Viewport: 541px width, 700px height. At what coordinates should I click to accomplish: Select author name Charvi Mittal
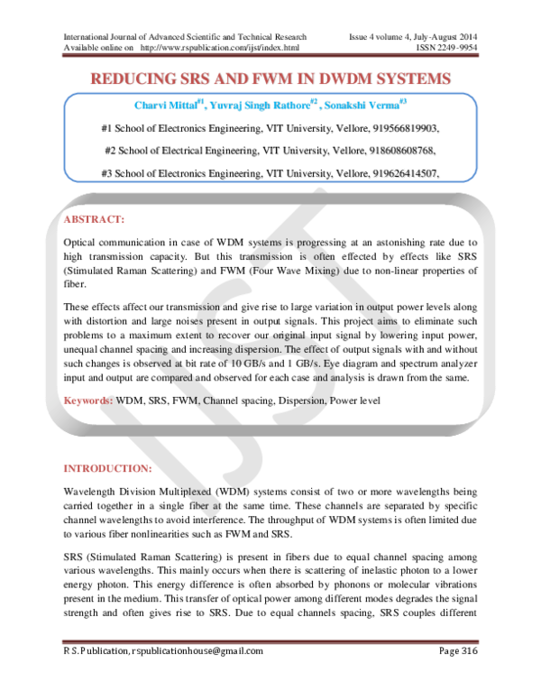coord(165,106)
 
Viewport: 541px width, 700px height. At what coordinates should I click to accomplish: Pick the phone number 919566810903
coord(405,128)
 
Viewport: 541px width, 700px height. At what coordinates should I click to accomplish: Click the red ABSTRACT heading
coord(93,219)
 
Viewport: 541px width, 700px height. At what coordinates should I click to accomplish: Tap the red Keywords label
coord(87,399)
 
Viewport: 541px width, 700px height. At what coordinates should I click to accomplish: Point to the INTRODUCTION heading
coord(107,469)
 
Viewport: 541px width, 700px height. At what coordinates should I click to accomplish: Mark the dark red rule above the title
coord(270,55)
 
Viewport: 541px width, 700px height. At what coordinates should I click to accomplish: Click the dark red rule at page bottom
coord(270,642)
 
